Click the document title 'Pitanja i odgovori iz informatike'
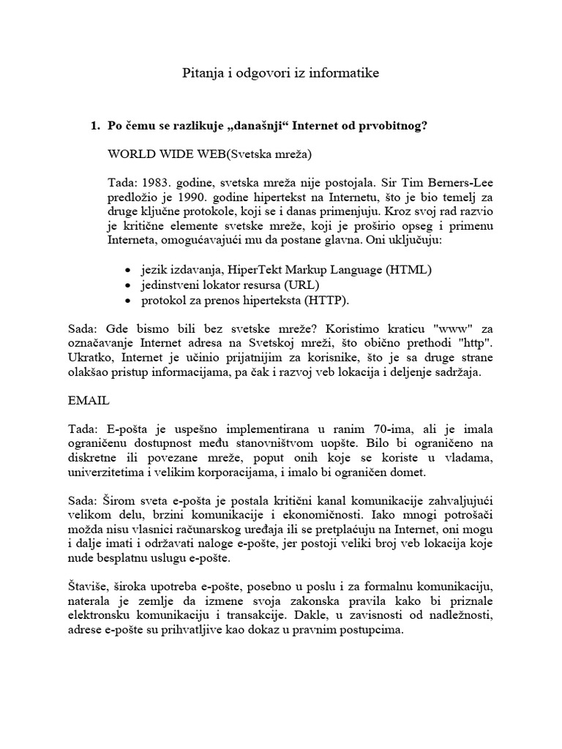tap(281, 73)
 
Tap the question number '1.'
tap(94, 126)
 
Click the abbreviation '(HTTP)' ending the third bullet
tap(329, 300)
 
